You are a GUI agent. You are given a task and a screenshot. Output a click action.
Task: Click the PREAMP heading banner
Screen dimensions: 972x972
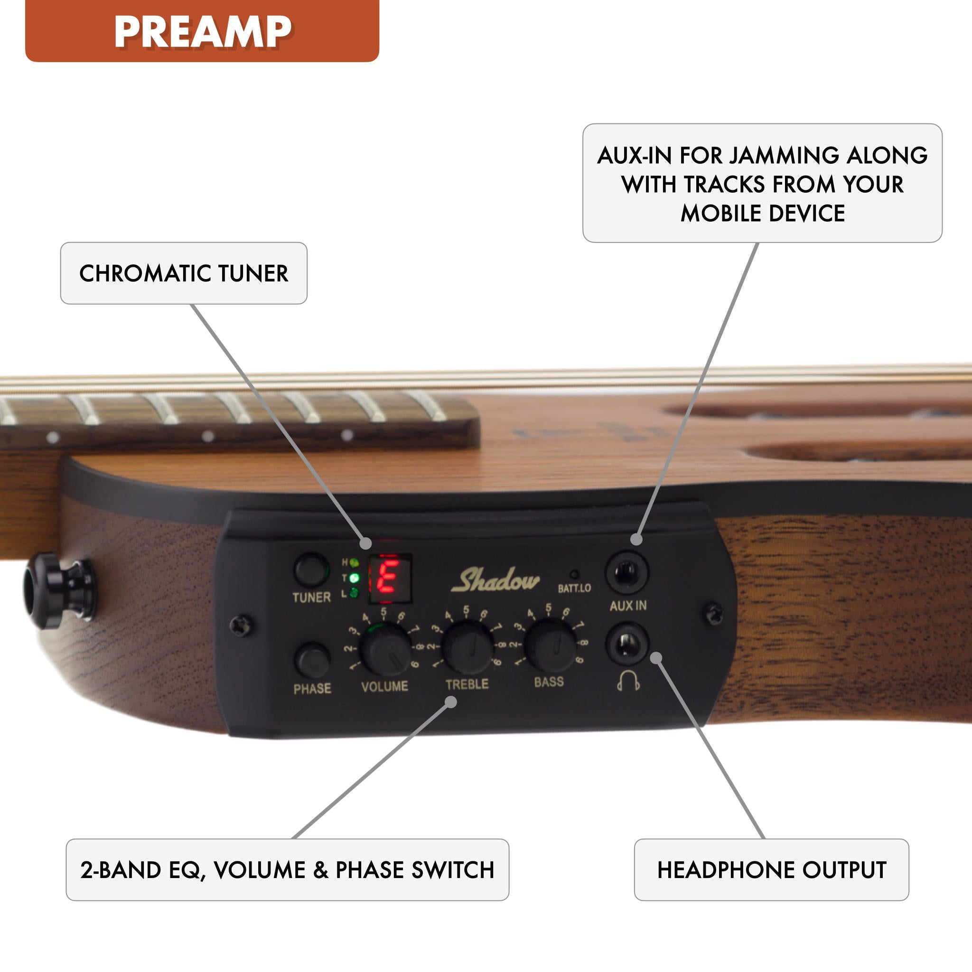[202, 31]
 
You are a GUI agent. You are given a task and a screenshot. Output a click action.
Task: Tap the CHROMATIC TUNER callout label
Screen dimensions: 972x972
[184, 273]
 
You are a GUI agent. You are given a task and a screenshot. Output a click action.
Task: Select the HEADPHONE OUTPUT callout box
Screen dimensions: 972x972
[771, 870]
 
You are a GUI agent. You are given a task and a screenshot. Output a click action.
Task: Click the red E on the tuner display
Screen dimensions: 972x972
[388, 578]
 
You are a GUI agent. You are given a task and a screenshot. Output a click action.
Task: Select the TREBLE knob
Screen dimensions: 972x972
[468, 648]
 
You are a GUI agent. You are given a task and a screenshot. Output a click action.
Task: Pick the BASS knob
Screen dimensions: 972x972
[550, 646]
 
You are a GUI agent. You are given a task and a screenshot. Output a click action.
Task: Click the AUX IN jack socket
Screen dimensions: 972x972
[626, 572]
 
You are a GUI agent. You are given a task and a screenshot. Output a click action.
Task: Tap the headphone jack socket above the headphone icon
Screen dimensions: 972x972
[627, 644]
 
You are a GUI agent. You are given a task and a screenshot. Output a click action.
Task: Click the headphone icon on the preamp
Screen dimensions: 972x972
[628, 680]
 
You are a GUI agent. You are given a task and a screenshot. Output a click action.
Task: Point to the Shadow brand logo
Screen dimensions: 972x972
[495, 580]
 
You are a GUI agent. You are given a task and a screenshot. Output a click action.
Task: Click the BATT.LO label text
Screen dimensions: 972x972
[574, 588]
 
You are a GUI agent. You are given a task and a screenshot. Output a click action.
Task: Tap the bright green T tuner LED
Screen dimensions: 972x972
[354, 578]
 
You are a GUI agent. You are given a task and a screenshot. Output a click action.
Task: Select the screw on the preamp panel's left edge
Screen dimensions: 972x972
[241, 626]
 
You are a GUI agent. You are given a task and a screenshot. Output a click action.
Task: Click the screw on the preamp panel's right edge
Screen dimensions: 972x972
[714, 613]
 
